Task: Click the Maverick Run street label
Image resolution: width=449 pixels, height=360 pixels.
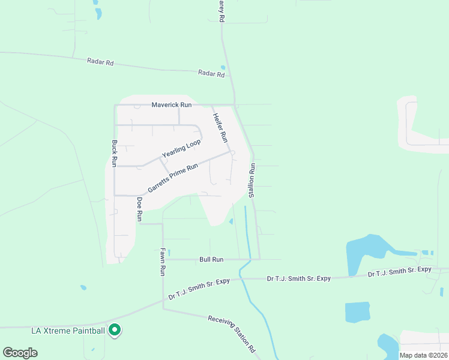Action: (x=171, y=105)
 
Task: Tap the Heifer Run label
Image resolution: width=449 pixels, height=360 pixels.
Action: (x=221, y=128)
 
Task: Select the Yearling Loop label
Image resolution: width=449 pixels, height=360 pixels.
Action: (x=181, y=149)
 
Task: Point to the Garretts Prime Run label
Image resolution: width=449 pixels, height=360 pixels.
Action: (x=173, y=178)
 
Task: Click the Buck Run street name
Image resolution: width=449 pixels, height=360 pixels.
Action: (x=114, y=154)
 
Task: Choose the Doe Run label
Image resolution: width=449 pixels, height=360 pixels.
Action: (x=139, y=209)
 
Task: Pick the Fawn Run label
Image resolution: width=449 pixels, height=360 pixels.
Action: (x=162, y=262)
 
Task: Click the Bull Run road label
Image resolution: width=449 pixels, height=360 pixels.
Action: (x=211, y=260)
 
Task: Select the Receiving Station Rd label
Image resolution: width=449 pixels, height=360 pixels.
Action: (x=232, y=334)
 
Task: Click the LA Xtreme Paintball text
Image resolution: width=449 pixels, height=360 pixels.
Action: (x=68, y=331)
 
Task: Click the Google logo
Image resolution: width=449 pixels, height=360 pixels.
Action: (x=20, y=352)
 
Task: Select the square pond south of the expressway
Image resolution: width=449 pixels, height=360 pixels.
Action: (x=357, y=313)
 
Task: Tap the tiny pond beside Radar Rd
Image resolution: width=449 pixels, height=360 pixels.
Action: (x=223, y=67)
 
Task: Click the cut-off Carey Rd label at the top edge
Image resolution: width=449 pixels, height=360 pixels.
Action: (x=221, y=11)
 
